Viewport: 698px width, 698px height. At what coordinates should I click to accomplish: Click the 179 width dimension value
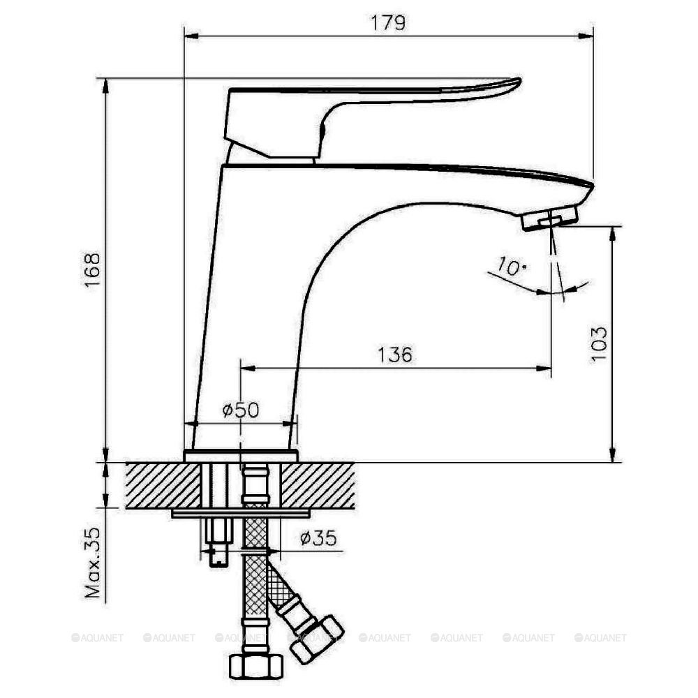click(x=388, y=22)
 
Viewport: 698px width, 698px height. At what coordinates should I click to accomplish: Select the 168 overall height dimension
click(x=93, y=269)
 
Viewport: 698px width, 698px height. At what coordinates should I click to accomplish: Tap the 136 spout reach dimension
click(x=395, y=354)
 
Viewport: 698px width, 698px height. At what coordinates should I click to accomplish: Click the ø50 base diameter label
click(x=240, y=410)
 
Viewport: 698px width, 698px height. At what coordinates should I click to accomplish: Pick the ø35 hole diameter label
click(x=318, y=537)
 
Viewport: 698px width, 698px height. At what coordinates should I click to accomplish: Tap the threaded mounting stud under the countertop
click(x=220, y=544)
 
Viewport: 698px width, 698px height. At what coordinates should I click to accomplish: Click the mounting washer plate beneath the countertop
click(x=241, y=514)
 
